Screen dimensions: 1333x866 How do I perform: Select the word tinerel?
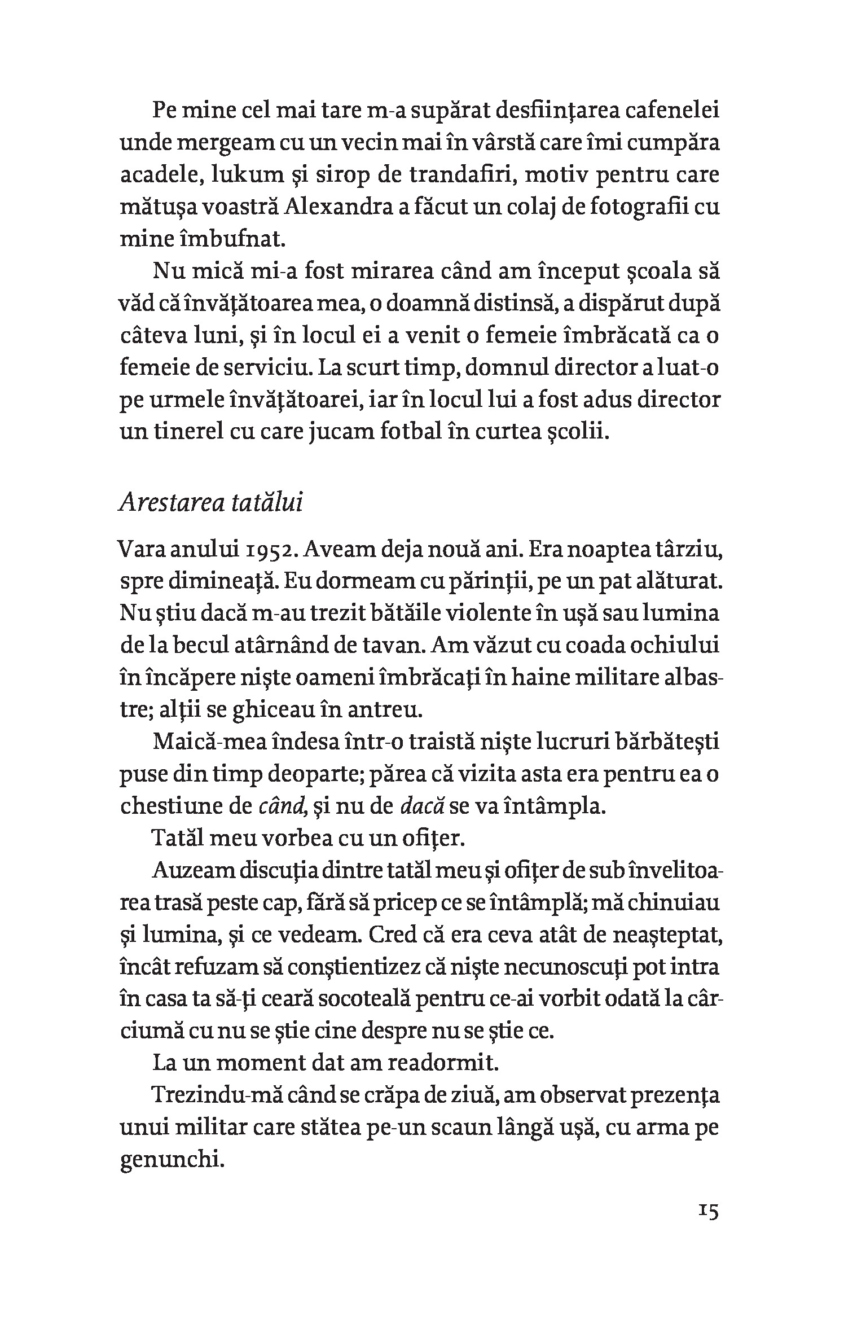201,432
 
